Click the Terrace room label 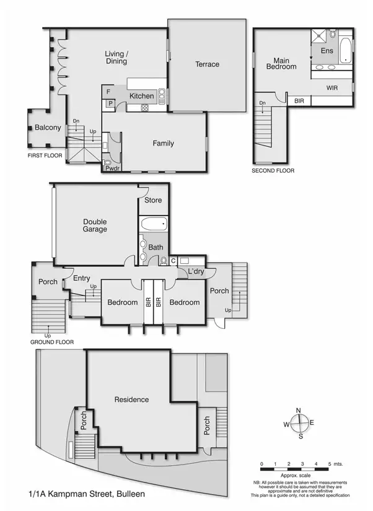coord(207,64)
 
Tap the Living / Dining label coord(116,58)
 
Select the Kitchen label coord(141,96)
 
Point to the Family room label coord(163,144)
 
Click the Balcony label coord(48,128)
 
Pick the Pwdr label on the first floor coord(112,168)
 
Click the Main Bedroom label coord(281,64)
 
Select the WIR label coord(333,89)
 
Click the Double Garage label coord(95,225)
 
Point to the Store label coord(153,200)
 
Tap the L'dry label coord(195,272)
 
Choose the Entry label coord(82,279)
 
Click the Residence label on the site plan coord(131,400)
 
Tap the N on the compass coord(299,411)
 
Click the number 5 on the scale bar coord(328,464)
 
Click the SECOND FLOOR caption coord(273,170)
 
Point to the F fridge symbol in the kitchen coord(108,92)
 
